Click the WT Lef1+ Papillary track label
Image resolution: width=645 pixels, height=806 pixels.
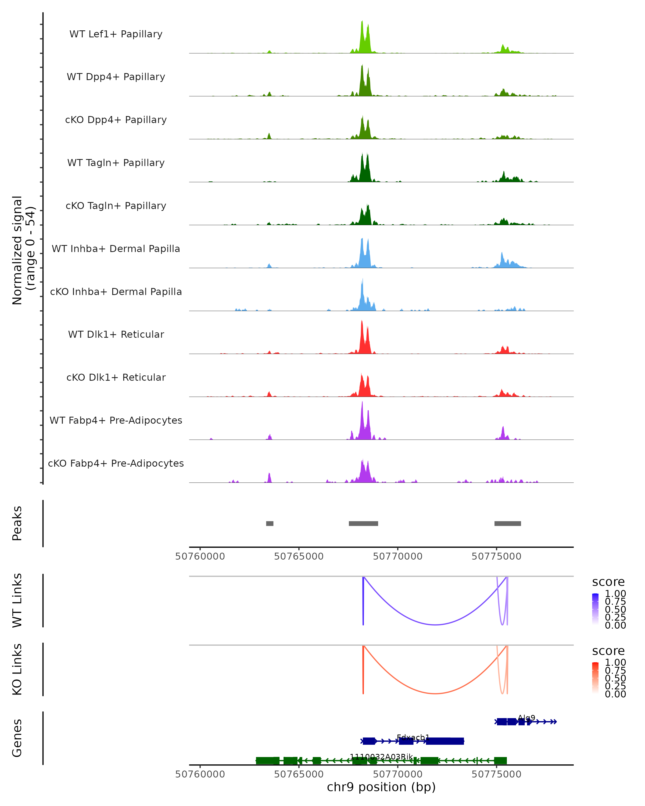[x=116, y=34]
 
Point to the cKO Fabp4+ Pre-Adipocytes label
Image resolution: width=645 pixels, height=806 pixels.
[x=116, y=463]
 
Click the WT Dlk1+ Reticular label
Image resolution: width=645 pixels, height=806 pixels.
[x=116, y=334]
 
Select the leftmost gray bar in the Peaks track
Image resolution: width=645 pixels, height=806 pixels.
[x=270, y=523]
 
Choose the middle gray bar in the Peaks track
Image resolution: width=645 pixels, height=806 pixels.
[x=363, y=523]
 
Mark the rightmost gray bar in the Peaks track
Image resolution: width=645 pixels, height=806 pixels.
[x=507, y=523]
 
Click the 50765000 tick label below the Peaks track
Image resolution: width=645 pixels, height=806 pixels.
[x=299, y=556]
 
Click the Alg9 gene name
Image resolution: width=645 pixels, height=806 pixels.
[x=526, y=718]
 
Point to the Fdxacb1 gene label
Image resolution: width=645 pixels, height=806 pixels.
[x=413, y=737]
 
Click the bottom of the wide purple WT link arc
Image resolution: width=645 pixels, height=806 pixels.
[x=435, y=625]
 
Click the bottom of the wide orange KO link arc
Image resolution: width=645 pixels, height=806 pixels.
[x=435, y=693]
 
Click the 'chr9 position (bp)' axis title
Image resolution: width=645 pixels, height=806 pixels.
[x=381, y=787]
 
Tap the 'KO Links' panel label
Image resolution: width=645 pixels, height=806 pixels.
[x=17, y=669]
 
